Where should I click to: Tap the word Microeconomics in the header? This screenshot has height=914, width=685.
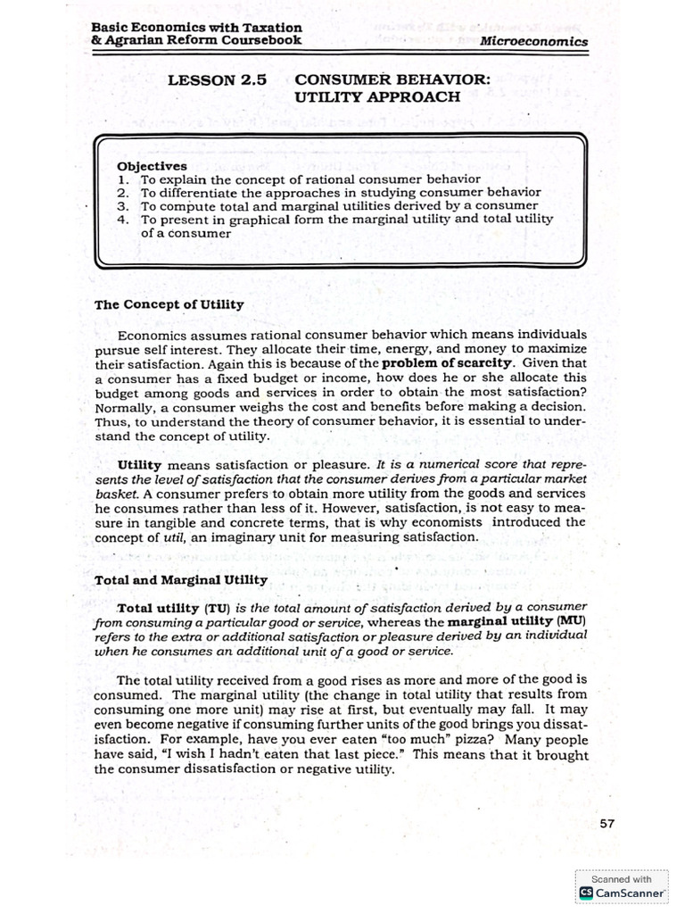pyautogui.click(x=533, y=41)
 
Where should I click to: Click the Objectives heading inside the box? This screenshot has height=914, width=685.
pyautogui.click(x=152, y=166)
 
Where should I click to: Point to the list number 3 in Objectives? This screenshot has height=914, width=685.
pyautogui.click(x=122, y=204)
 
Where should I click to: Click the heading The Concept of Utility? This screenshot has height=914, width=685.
pyautogui.click(x=169, y=304)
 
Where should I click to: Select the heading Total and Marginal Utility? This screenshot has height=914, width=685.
pyautogui.click(x=181, y=579)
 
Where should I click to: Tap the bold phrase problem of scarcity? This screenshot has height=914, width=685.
pyautogui.click(x=448, y=363)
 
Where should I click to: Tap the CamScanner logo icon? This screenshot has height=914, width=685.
pyautogui.click(x=586, y=892)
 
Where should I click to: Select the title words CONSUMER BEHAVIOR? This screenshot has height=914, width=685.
pyautogui.click(x=392, y=79)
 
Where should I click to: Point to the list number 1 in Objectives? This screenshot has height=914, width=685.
pyautogui.click(x=122, y=179)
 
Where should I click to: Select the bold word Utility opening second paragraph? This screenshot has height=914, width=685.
pyautogui.click(x=139, y=465)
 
